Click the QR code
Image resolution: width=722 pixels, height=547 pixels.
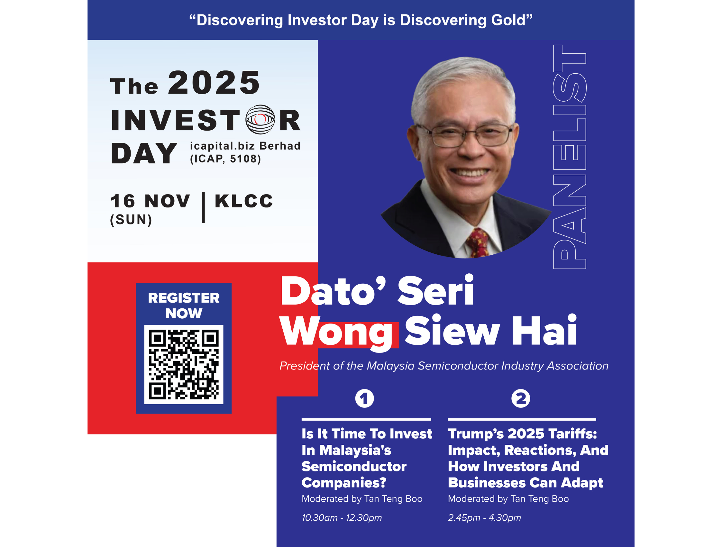pos(184,365)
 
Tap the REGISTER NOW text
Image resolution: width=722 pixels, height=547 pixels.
pos(184,305)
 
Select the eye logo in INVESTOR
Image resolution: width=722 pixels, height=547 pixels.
pos(260,119)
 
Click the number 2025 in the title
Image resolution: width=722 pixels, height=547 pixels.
pos(214,83)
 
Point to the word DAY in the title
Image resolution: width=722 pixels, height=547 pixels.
pos(144,153)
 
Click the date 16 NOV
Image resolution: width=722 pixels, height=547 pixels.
pos(150,201)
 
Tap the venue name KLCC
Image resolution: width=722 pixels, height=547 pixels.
pos(244,201)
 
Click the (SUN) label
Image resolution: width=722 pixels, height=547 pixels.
pos(131,220)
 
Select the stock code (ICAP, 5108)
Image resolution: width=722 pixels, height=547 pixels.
pos(225,159)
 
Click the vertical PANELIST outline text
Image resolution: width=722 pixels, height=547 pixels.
pos(570,157)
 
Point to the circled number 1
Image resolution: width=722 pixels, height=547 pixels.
pos(365,398)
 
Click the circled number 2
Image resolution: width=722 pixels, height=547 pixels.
pos(521,398)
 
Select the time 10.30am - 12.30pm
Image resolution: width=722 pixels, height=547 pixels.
pos(342,518)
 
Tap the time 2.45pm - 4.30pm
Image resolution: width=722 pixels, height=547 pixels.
pos(484,518)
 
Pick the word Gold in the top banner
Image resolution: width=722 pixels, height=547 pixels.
pos(512,20)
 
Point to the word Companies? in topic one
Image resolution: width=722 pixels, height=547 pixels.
pos(344,483)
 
